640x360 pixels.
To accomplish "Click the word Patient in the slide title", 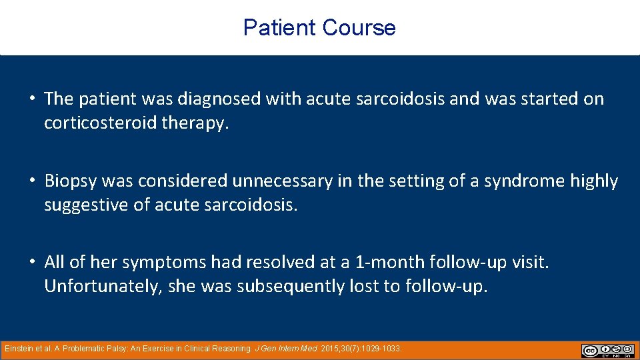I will [279, 28].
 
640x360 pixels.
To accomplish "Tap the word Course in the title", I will [359, 28].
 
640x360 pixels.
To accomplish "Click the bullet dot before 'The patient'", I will [32, 99].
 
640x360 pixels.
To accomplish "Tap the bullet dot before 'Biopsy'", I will [32, 181].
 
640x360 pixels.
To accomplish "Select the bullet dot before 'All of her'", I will [32, 263].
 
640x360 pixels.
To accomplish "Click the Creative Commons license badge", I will [607, 351].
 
